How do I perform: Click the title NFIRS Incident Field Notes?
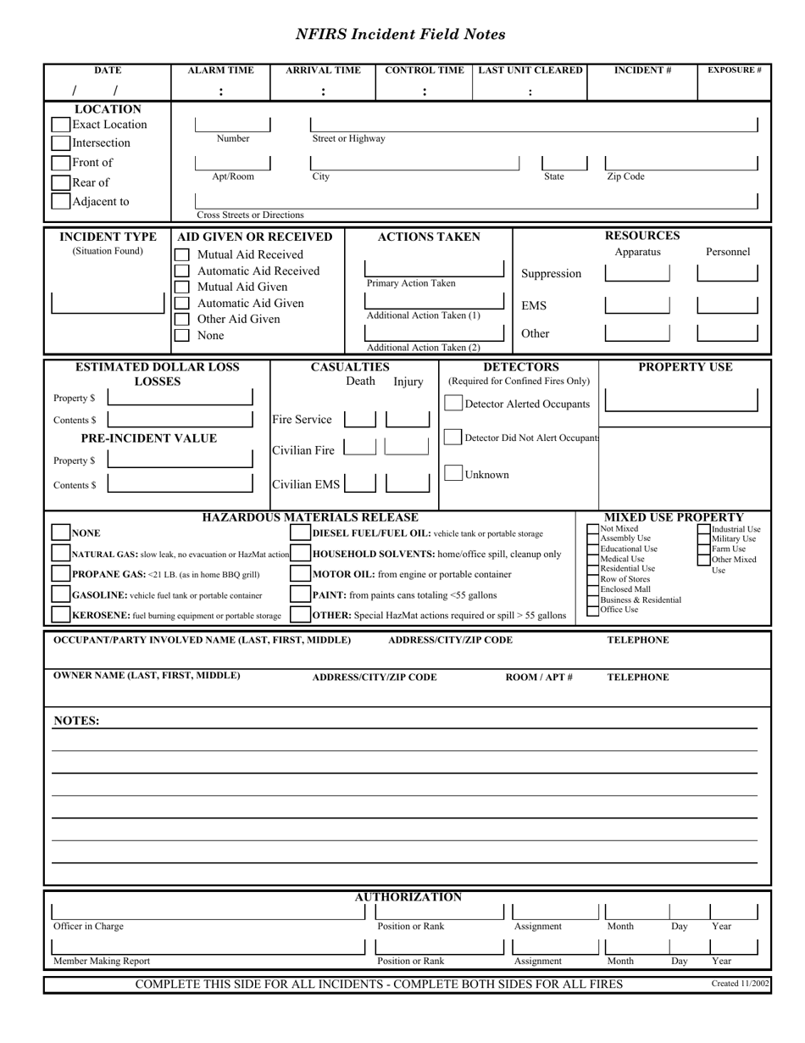(400, 35)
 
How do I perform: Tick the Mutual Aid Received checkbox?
(181, 254)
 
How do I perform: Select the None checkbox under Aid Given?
(181, 336)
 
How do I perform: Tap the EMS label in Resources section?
(534, 304)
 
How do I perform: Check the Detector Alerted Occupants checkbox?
(454, 404)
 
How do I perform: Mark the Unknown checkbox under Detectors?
(454, 474)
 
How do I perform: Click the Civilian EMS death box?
(360, 482)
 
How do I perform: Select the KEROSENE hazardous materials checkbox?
(60, 615)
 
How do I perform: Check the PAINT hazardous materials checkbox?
(300, 594)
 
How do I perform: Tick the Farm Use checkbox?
(704, 549)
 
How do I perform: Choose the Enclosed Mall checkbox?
(593, 589)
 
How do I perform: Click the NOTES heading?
(76, 722)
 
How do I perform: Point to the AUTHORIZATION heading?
(408, 897)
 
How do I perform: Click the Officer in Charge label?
(88, 927)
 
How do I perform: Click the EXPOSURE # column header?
(734, 70)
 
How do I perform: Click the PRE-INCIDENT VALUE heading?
(148, 438)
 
